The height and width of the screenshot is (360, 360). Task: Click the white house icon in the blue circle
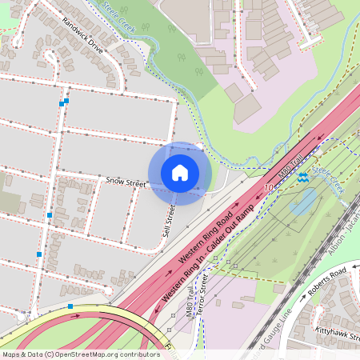click(180, 173)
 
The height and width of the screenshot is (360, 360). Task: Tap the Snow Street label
click(126, 183)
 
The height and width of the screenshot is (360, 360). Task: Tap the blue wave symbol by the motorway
click(302, 178)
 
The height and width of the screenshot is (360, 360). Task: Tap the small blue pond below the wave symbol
click(303, 201)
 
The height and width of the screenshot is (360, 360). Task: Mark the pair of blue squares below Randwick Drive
click(63, 102)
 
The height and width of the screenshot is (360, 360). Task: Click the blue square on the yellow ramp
click(70, 306)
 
